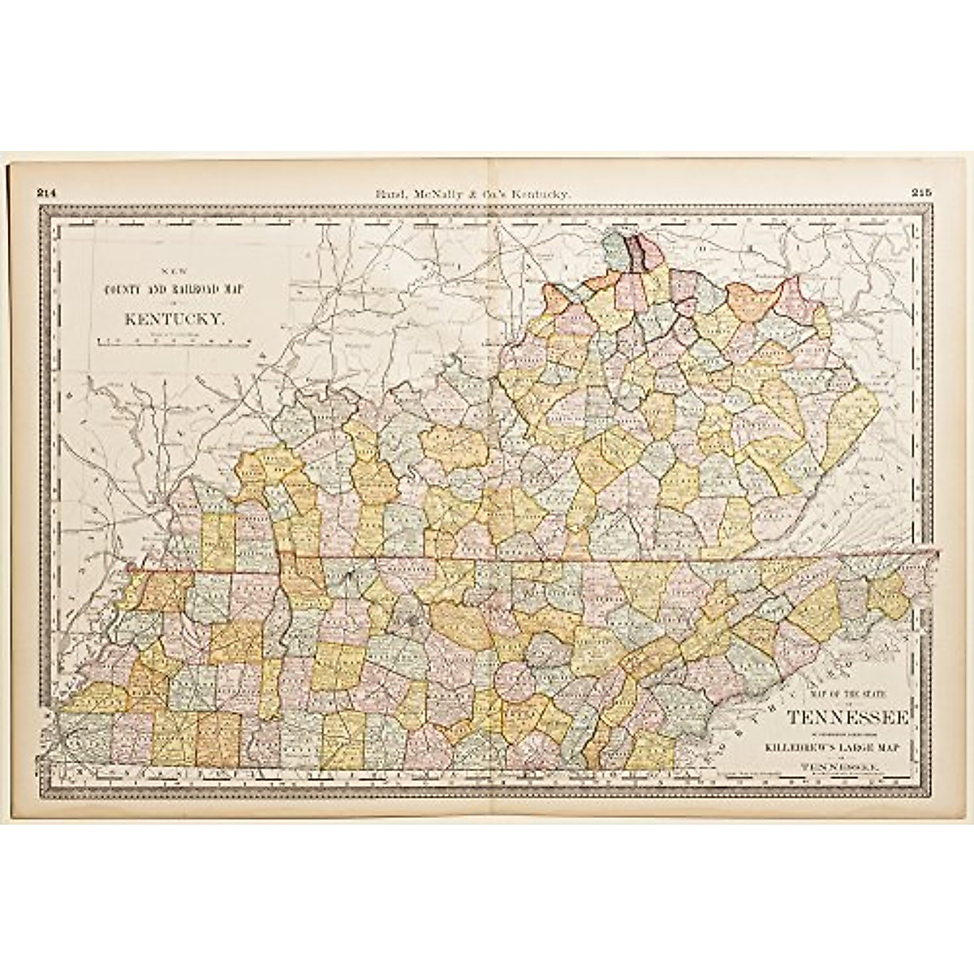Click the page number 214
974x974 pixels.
click(46, 192)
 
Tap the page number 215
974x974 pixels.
click(921, 192)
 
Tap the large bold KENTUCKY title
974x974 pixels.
click(173, 319)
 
